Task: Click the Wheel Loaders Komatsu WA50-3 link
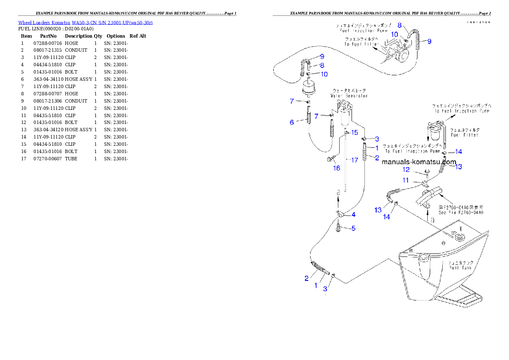coord(85,22)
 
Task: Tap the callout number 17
coord(354,160)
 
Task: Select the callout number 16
coord(337,168)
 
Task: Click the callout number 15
coord(355,133)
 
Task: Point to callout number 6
coord(292,122)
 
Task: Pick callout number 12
coord(406,170)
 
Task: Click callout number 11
coord(405,180)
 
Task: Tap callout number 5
coord(353,228)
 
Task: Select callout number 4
coord(353,215)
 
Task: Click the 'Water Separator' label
coord(349,96)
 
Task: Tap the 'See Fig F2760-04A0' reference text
coord(461,212)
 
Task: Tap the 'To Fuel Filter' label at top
coord(359,44)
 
